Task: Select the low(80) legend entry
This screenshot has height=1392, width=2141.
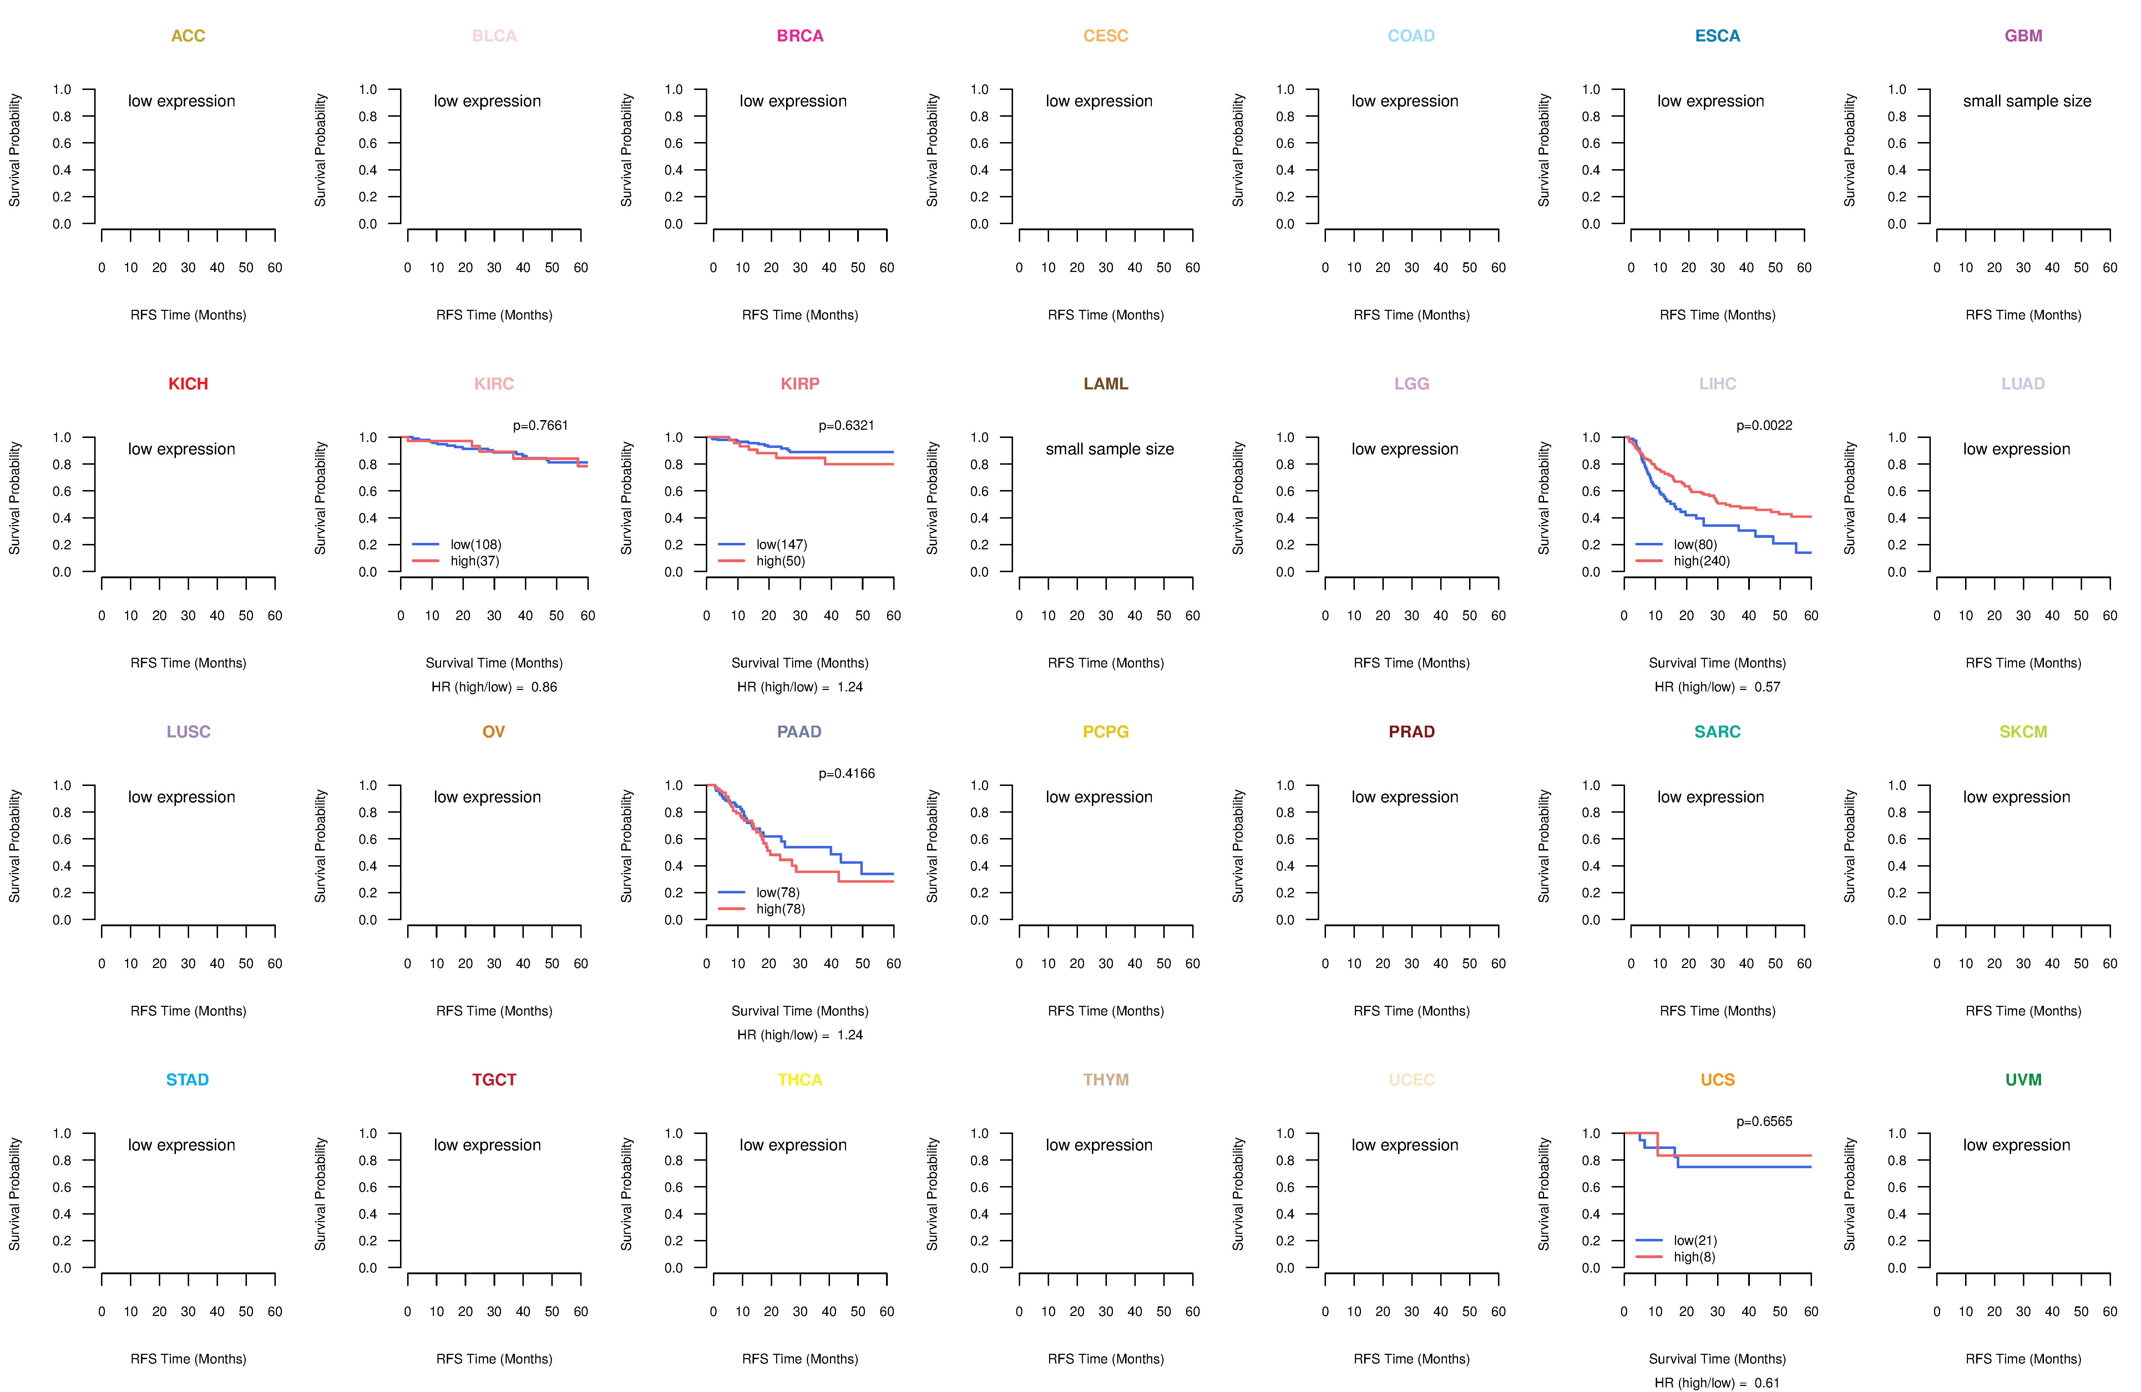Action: [1695, 544]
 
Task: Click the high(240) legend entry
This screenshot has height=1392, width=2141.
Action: [1701, 561]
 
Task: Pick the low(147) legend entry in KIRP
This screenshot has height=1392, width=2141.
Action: [781, 544]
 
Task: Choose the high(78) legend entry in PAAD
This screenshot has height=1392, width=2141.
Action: [780, 909]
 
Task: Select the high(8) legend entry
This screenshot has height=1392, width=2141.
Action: [1694, 1257]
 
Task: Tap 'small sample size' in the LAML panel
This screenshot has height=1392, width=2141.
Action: [1109, 449]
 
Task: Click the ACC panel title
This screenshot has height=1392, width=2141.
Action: [188, 36]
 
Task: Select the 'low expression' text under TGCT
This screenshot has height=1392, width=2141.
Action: [487, 1145]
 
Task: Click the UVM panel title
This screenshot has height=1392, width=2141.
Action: [2023, 1080]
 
